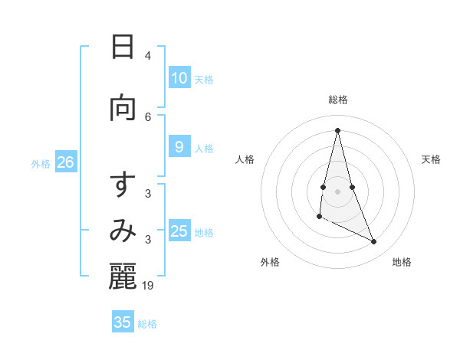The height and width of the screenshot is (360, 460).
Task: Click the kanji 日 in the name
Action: pyautogui.click(x=123, y=47)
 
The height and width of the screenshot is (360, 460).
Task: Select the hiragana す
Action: pyautogui.click(x=123, y=185)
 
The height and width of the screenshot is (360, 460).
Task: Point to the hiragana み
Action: pyautogui.click(x=123, y=231)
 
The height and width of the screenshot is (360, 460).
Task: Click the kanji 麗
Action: pyautogui.click(x=123, y=277)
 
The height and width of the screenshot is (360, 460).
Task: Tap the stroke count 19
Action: pyautogui.click(x=149, y=286)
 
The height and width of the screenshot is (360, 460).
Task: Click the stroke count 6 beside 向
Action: pyautogui.click(x=148, y=116)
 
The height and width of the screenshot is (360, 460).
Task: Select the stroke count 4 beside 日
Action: pyautogui.click(x=148, y=56)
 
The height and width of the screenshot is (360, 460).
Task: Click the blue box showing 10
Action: pyautogui.click(x=179, y=78)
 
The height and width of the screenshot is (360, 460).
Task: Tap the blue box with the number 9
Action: pyautogui.click(x=179, y=147)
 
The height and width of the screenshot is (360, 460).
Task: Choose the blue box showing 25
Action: pyautogui.click(x=179, y=231)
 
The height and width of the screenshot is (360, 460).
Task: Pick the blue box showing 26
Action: pyautogui.click(x=65, y=162)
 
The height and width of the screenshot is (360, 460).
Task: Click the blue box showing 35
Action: pyautogui.click(x=123, y=322)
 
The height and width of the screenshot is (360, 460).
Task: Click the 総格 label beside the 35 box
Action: pyautogui.click(x=148, y=324)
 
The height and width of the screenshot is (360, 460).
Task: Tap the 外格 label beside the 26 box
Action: pyautogui.click(x=41, y=163)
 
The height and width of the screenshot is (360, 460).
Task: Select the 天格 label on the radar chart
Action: pyautogui.click(x=432, y=159)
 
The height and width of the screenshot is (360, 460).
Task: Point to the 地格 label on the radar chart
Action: pyautogui.click(x=402, y=262)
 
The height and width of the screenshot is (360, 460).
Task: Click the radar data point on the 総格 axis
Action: pyautogui.click(x=337, y=130)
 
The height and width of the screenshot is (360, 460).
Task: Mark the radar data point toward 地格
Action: pyautogui.click(x=374, y=242)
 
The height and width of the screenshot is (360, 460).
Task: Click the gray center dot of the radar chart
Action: pyautogui.click(x=337, y=191)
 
